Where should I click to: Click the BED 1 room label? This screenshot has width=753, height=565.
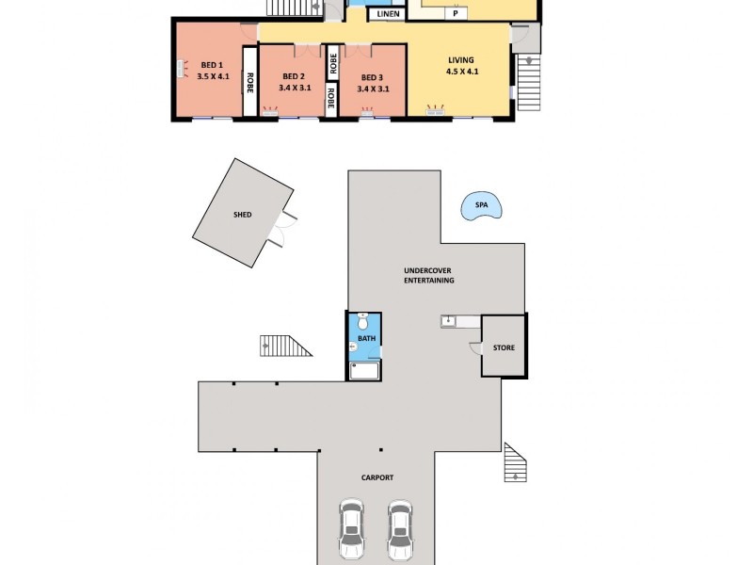210,65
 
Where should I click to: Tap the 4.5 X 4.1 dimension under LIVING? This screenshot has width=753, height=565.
461,72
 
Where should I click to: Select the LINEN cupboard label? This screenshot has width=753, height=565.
388,14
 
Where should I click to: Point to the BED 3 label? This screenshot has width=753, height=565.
373,76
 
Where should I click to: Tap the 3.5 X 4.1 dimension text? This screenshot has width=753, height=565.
210,77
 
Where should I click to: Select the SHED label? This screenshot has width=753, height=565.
243,215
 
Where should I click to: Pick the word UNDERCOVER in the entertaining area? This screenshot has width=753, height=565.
428,270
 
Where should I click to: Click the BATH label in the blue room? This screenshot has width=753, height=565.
364,338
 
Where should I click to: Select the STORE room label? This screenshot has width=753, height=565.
504,347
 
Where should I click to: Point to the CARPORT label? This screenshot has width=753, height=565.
376,477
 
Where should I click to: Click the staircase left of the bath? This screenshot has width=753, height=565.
284,346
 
